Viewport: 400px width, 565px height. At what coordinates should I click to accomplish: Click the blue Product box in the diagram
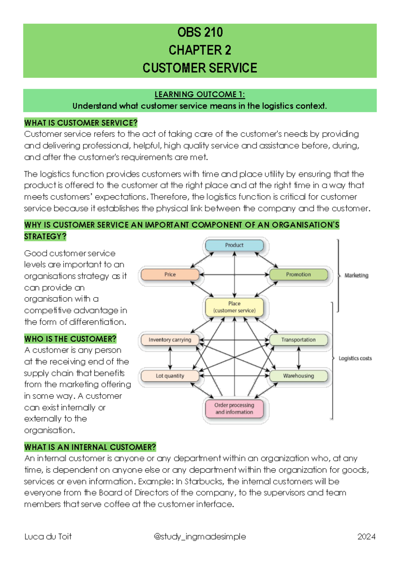[x=234, y=245]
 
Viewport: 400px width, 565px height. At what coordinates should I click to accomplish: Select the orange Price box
[x=170, y=275]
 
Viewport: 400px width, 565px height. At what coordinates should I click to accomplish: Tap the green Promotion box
[x=298, y=275]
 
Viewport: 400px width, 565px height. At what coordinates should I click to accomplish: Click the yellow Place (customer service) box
[x=234, y=307]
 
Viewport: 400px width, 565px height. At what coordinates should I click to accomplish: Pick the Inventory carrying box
[x=170, y=340]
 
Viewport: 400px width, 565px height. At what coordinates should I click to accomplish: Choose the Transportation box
[x=298, y=340]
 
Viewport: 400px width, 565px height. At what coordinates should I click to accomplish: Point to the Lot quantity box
[x=170, y=376]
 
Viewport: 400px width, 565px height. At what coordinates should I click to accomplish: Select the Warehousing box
[x=298, y=376]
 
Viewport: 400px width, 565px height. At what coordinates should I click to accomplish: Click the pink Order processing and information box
[x=234, y=408]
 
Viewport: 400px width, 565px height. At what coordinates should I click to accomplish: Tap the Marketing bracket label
[x=356, y=276]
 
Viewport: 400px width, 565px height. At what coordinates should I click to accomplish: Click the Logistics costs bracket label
[x=355, y=358]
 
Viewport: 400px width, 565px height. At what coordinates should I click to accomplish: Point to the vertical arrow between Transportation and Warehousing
[x=299, y=358]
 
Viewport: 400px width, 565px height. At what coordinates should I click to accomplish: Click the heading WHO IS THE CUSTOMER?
[x=70, y=339]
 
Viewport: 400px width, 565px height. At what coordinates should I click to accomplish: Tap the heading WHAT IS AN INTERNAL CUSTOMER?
[x=90, y=447]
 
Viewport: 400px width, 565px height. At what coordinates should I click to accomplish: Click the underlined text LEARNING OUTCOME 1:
[x=200, y=95]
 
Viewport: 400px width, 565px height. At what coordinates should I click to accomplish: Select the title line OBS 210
[x=200, y=32]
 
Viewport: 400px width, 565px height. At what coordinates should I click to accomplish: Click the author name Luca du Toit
[x=48, y=537]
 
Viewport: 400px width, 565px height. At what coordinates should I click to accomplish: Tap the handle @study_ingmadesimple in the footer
[x=200, y=537]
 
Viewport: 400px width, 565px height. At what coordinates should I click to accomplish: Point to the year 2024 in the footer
[x=366, y=537]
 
